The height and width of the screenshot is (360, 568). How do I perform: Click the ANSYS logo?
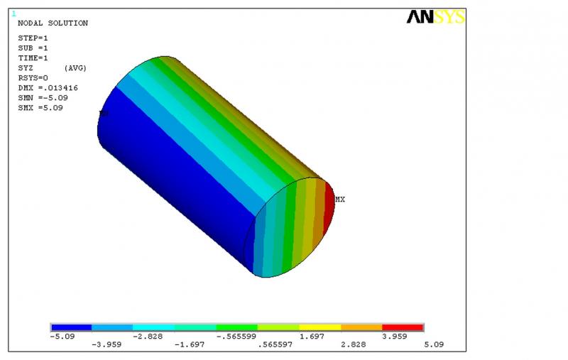pos(436,17)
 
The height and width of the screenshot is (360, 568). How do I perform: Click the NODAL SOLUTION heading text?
pos(53,23)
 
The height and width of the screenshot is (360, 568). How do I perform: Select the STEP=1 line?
pos(33,38)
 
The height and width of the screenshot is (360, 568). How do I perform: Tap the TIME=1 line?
pos(33,58)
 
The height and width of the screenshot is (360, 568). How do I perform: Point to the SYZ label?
pos(26,68)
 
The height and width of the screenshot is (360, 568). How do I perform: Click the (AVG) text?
pos(75,68)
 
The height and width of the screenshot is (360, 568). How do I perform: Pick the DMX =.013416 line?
pos(48,88)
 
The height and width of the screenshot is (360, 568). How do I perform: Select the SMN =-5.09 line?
pos(43,98)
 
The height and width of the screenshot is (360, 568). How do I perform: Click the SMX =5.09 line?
pos(40,108)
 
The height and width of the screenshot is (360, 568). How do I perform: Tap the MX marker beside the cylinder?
pos(340,200)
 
